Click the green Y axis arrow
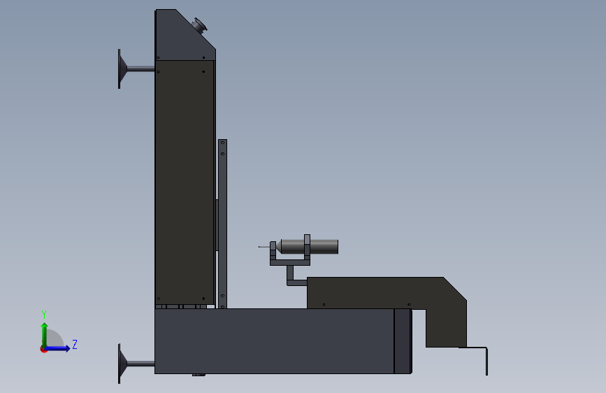pyautogui.click(x=45, y=335)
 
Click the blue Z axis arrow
pyautogui.click(x=57, y=348)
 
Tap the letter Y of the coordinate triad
pyautogui.click(x=43, y=315)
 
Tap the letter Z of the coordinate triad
pyautogui.click(x=75, y=344)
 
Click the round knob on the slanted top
pyautogui.click(x=200, y=26)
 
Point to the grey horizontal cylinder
pyautogui.click(x=310, y=247)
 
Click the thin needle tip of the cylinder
pyautogui.click(x=259, y=247)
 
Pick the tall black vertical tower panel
pyautogui.click(x=185, y=183)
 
